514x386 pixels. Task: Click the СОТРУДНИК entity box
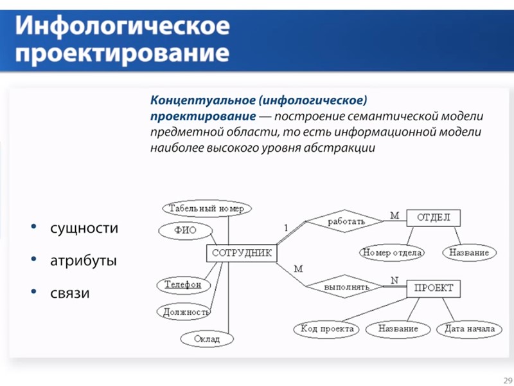[x=242, y=253]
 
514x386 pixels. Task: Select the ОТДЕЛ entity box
[x=434, y=217]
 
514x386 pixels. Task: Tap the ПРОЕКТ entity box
[x=434, y=288]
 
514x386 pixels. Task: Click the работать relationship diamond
[x=346, y=221]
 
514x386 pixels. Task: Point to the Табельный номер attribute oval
[x=206, y=208]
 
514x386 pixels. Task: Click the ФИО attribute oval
[x=185, y=230]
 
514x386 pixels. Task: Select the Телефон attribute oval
[x=182, y=284]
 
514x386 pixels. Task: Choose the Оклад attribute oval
[x=207, y=338]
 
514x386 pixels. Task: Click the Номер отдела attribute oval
[x=392, y=253]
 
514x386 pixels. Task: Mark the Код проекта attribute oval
[x=327, y=329]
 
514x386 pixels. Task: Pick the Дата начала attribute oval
[x=469, y=329]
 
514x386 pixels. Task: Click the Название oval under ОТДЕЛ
[x=469, y=253]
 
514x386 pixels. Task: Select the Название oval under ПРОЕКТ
[x=398, y=329]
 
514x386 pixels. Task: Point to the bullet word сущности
[x=84, y=228]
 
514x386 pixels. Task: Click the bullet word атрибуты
[x=83, y=261]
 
